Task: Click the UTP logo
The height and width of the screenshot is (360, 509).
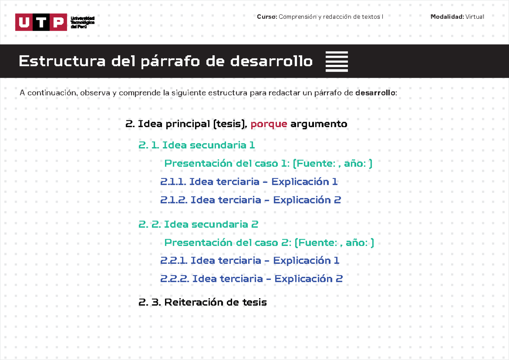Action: coord(41,22)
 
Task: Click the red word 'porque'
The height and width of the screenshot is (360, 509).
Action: coord(269,124)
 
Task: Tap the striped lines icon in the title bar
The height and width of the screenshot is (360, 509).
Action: coord(337,61)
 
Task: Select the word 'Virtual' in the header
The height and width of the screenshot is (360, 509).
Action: coord(475,17)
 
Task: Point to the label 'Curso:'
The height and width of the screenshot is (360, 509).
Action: coord(267,17)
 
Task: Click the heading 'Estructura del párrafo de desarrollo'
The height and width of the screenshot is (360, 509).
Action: coord(165,61)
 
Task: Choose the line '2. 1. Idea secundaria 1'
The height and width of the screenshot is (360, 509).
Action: coord(196,145)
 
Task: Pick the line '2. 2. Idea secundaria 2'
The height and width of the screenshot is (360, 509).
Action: coord(198,224)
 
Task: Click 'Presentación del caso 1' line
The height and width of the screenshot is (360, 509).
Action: coord(268,164)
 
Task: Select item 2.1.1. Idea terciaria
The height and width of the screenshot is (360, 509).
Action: coord(249,182)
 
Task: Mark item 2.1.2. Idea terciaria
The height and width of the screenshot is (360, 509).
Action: coord(250,200)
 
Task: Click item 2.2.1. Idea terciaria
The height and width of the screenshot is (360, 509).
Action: coord(249,260)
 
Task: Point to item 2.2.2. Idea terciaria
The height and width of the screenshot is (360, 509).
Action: coord(251,279)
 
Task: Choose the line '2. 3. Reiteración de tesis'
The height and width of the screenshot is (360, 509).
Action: coord(202,302)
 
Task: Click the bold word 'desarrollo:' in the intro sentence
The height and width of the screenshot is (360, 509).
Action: coord(376,93)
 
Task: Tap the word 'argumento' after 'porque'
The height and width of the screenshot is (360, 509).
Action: coord(319,124)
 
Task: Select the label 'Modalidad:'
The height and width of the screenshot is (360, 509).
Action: coord(447,17)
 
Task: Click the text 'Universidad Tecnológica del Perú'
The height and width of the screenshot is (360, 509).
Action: coord(82,22)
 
